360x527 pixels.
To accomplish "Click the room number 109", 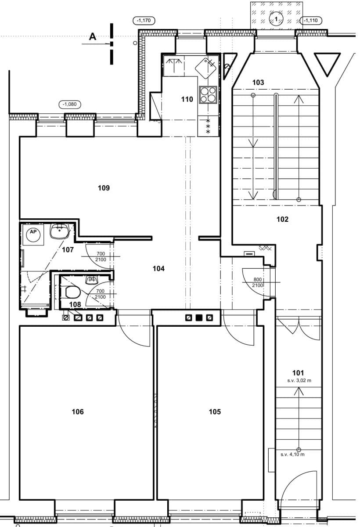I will click(x=104, y=188).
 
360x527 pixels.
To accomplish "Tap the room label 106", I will click(x=77, y=411).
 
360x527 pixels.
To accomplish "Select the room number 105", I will click(x=215, y=411).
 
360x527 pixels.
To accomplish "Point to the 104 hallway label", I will click(x=158, y=268).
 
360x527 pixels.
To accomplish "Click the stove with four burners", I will click(x=208, y=94).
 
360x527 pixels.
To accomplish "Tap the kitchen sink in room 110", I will click(x=205, y=66).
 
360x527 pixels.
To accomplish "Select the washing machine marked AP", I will click(x=33, y=235).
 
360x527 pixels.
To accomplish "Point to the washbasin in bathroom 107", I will click(x=60, y=231).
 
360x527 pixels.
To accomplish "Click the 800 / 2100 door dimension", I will click(x=258, y=282).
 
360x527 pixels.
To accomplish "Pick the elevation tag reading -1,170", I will click(x=143, y=20).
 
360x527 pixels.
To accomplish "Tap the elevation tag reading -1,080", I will click(x=70, y=104).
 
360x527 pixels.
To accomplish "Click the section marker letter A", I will click(x=93, y=37).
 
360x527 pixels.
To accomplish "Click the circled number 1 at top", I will click(x=276, y=18).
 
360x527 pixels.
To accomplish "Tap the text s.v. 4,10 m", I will click(x=292, y=455).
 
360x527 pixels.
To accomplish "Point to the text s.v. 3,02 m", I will click(x=299, y=381).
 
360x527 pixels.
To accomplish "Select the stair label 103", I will click(x=258, y=83).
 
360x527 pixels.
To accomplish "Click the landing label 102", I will click(x=282, y=219).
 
